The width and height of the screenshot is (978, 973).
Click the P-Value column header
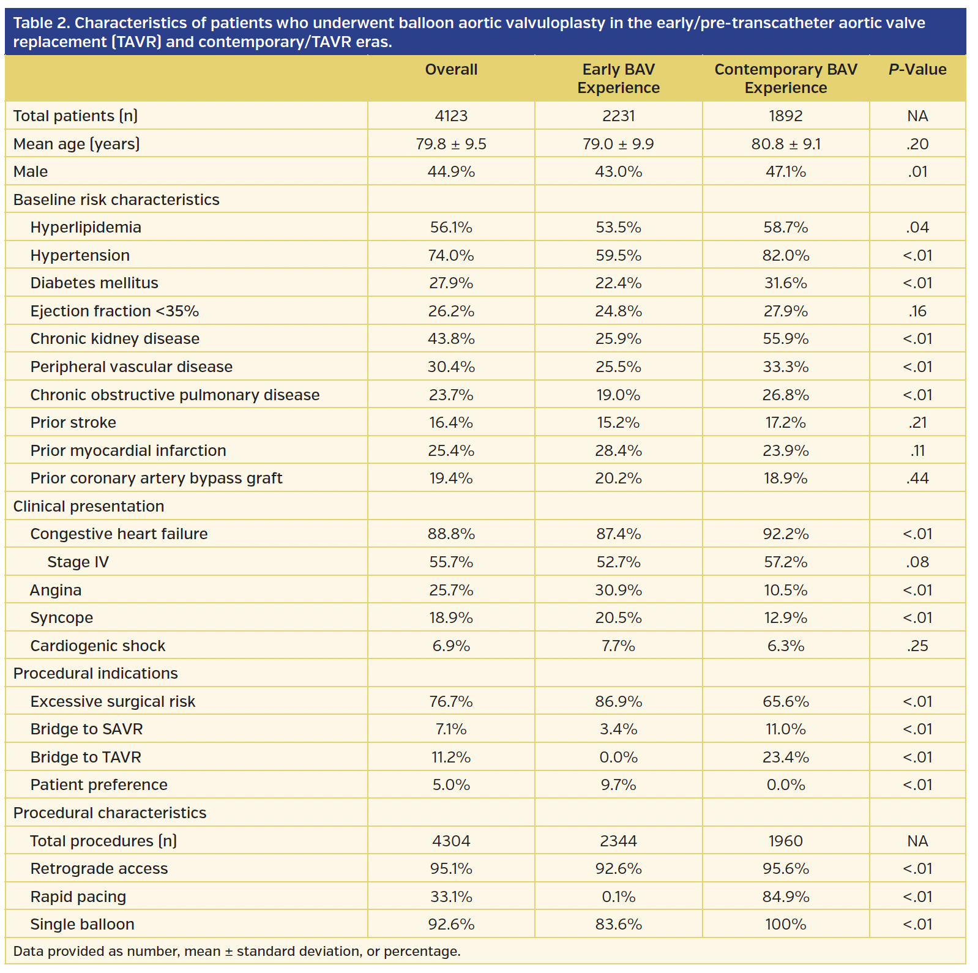click(x=917, y=70)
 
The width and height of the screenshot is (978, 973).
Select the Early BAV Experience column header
click(x=618, y=78)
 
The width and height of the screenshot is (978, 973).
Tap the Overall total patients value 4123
click(x=451, y=116)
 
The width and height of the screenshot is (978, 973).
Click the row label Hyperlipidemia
click(x=86, y=228)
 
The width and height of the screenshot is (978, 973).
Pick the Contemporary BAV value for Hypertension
click(x=785, y=255)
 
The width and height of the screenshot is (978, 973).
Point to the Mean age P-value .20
click(x=917, y=144)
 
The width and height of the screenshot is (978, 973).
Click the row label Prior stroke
click(x=73, y=423)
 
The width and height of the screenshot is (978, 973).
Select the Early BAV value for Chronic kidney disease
click(x=618, y=339)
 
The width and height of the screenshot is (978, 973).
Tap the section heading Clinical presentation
click(x=89, y=507)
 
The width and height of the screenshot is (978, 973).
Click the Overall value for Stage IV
click(x=451, y=562)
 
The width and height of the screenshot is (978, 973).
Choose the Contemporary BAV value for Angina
click(x=785, y=591)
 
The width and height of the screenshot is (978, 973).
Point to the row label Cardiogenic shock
click(x=98, y=646)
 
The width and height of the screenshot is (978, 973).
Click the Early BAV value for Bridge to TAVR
click(x=618, y=758)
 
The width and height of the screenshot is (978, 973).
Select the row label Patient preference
click(x=99, y=785)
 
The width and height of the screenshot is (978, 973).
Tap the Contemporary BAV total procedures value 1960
click(x=785, y=841)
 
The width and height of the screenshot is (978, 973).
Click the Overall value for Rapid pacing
click(x=451, y=897)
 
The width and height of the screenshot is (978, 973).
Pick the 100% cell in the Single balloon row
click(x=785, y=925)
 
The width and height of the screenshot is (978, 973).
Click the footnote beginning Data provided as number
click(x=236, y=952)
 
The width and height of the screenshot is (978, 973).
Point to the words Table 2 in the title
click(x=40, y=23)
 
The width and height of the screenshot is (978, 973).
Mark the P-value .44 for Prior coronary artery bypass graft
click(x=917, y=479)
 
